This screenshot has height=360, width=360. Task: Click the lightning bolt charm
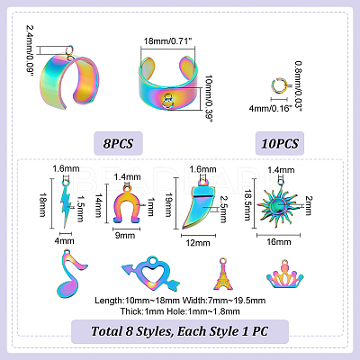click(66, 204)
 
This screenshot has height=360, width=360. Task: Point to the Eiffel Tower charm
click(223, 274)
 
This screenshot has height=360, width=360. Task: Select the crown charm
click(284, 274)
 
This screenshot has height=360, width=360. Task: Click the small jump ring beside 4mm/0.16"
click(278, 85)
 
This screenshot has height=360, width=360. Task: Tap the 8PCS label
click(118, 143)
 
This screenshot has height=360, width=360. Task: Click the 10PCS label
click(280, 143)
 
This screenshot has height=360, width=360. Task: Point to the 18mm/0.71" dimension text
click(167, 40)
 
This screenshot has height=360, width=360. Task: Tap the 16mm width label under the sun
click(279, 242)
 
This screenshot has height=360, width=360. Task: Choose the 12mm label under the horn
click(198, 243)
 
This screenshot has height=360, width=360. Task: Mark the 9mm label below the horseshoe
click(125, 236)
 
